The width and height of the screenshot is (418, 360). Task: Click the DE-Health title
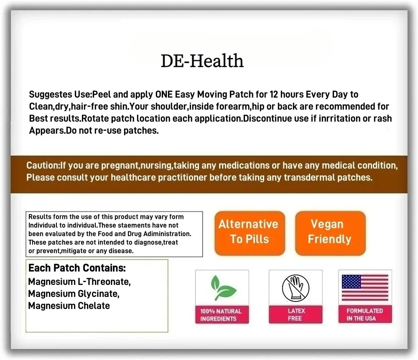202,61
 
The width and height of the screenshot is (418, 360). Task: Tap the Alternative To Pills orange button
249,232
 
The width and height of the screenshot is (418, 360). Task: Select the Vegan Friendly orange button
329,232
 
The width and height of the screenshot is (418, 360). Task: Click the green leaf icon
222,289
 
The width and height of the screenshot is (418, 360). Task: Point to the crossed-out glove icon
296,288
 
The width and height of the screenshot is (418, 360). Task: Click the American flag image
365,288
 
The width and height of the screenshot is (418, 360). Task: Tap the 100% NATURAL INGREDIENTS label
221,315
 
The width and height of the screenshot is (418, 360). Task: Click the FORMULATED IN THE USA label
364,314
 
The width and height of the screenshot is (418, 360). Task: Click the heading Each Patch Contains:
77,268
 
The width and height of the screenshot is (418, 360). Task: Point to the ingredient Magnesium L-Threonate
79,282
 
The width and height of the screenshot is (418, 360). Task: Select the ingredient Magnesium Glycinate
74,294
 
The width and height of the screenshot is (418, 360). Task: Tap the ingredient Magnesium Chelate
69,306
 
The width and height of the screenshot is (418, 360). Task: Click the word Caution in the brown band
42,165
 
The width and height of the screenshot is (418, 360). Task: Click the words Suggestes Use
60,94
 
